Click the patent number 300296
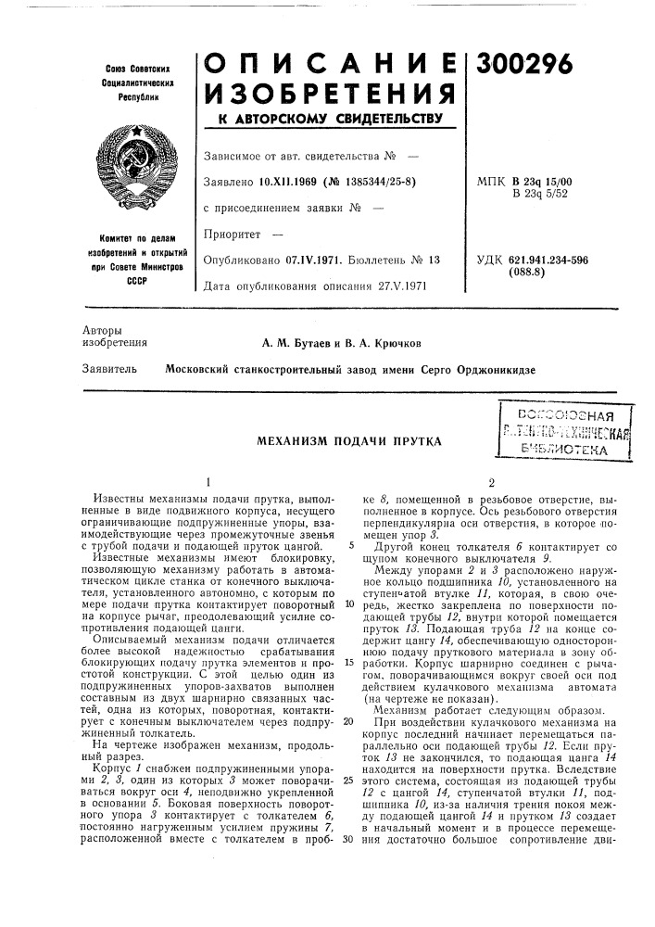[x=525, y=62]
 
